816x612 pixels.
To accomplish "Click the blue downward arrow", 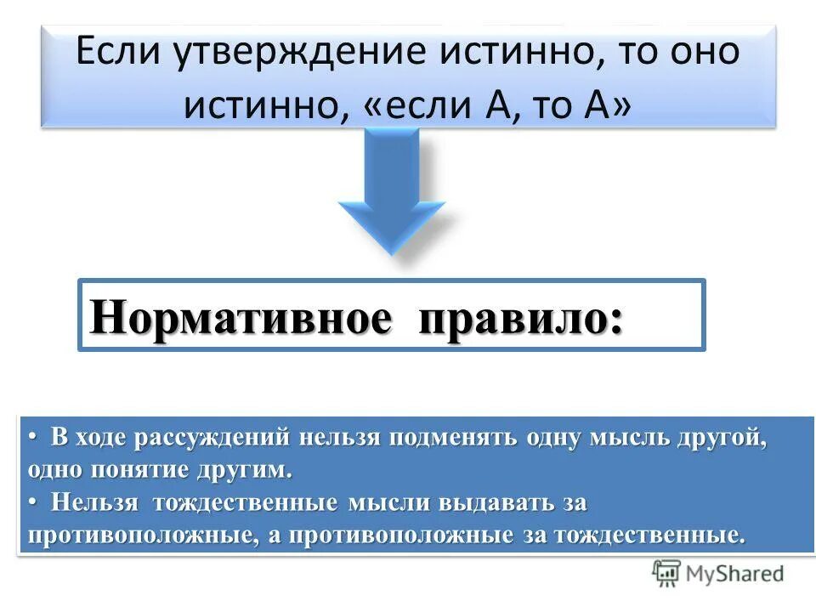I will [392, 187].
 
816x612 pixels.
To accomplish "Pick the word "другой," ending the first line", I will [722, 439].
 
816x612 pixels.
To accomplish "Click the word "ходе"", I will [96, 439].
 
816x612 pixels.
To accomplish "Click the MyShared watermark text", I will [734, 574].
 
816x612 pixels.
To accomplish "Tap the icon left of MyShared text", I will [666, 574].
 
